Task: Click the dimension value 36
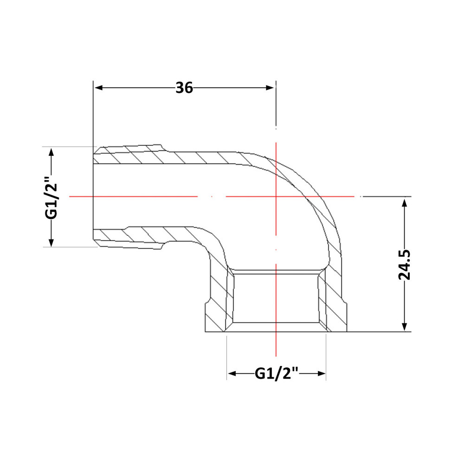(x=184, y=88)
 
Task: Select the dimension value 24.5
(x=404, y=264)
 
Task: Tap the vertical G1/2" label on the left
(x=51, y=197)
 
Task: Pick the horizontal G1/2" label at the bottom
(x=277, y=374)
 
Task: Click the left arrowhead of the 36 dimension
(x=98, y=88)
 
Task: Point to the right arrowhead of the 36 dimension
(x=270, y=88)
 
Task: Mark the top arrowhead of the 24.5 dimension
(x=405, y=203)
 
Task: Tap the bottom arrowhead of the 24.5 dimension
(x=405, y=326)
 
